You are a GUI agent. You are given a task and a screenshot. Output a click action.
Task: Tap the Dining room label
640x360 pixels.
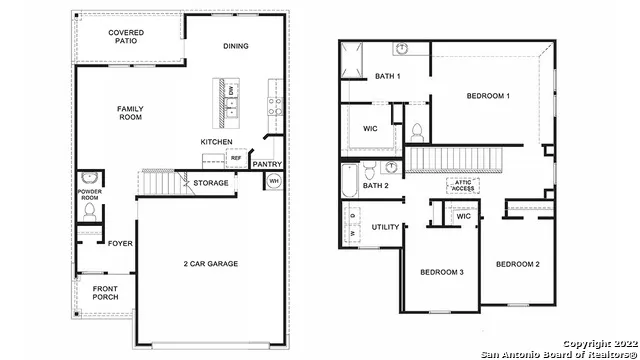click(x=236, y=46)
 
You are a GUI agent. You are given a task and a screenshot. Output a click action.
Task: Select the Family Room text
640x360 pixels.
click(x=130, y=113)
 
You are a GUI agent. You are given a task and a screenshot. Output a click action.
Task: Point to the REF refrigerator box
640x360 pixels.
click(x=236, y=158)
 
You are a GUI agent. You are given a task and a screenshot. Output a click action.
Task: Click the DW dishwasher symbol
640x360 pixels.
click(x=231, y=91)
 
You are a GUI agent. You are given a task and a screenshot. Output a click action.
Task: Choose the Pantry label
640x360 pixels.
click(x=266, y=163)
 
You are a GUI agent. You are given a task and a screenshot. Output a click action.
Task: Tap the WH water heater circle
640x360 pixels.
click(x=273, y=181)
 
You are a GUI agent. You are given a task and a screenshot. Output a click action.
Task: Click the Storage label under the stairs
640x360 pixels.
click(x=211, y=183)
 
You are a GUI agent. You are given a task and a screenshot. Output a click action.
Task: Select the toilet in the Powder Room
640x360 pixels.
click(x=87, y=211)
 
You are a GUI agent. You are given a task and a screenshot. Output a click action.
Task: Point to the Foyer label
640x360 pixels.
click(x=120, y=243)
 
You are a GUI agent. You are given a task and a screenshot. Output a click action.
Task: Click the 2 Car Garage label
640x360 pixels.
click(x=210, y=264)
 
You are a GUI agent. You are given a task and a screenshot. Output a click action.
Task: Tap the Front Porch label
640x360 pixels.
click(x=105, y=292)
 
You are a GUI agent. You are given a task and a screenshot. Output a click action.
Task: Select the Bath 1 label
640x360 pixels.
click(x=388, y=77)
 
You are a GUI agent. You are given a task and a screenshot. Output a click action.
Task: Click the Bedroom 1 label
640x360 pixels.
click(x=488, y=96)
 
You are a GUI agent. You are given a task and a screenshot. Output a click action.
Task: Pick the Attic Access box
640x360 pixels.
click(x=464, y=184)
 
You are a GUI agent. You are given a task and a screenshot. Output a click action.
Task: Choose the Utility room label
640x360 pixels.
click(x=386, y=227)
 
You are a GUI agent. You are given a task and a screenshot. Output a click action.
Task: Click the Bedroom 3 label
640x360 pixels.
click(x=439, y=273)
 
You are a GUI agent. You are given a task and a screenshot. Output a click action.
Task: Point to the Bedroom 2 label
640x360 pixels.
click(x=519, y=264)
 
